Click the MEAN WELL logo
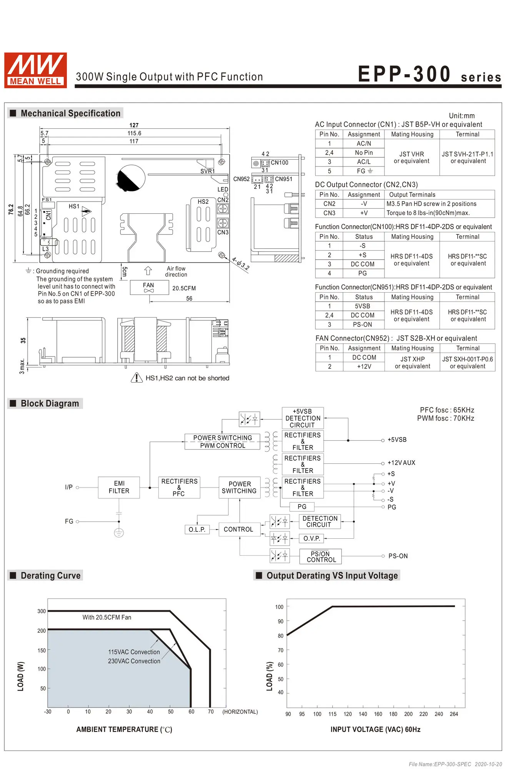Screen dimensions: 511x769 point(35,70)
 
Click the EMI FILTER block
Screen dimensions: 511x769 point(119,488)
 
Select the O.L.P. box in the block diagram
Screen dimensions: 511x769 point(197,529)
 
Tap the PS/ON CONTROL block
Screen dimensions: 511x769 point(321,556)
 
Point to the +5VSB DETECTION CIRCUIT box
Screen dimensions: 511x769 point(303,418)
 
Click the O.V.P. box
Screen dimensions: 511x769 point(311,538)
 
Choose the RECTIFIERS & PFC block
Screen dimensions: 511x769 point(179,488)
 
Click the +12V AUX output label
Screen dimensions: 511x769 point(401,463)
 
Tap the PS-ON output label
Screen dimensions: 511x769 point(398,556)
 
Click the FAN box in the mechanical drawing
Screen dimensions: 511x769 point(149,287)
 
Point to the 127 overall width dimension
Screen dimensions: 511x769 point(134,125)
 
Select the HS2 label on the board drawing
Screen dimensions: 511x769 point(203,201)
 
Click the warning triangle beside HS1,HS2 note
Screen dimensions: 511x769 point(136,378)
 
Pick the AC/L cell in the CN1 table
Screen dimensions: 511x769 point(364,162)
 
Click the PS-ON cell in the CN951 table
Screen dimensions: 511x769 point(363,325)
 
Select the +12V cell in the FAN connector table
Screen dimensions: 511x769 point(364,366)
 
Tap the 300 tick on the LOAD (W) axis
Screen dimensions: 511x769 point(42,611)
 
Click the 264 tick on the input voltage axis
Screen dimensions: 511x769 point(454,714)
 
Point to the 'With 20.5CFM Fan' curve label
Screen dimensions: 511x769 point(107,617)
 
